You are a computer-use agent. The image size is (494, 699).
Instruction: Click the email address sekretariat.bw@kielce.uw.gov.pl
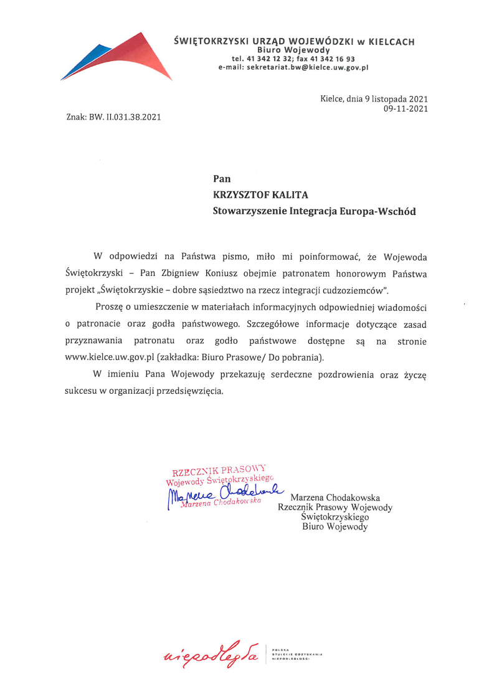293,67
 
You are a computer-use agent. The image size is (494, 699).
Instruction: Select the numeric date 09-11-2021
406,108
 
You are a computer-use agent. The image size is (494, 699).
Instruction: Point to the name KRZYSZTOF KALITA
261,195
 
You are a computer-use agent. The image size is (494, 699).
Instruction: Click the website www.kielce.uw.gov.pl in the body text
110,358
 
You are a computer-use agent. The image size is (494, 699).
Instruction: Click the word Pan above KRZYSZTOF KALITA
222,179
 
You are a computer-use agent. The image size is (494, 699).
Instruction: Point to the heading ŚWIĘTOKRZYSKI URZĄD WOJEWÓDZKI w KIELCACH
294,42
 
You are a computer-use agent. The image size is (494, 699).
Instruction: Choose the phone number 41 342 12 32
269,58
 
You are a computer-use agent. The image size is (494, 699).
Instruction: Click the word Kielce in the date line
333,98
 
